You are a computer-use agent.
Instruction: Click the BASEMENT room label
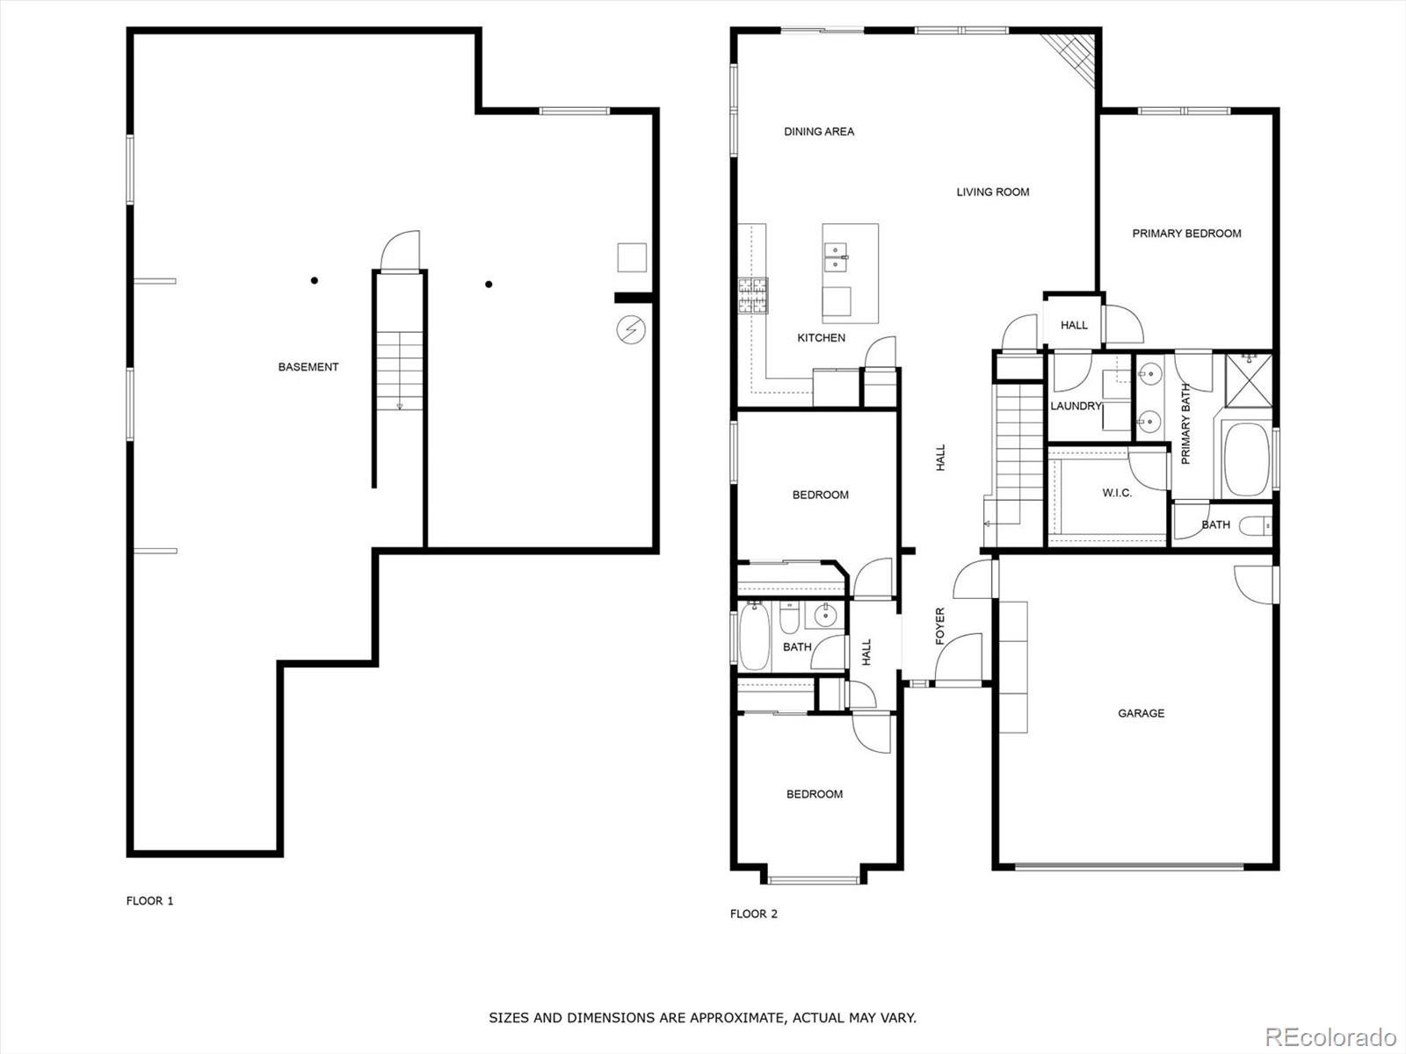308,367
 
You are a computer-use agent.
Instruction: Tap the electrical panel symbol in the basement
630,329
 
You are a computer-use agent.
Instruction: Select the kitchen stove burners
752,296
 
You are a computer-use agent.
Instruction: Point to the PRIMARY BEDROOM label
1186,234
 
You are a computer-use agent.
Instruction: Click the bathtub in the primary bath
1246,459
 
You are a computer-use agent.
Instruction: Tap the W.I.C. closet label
1117,493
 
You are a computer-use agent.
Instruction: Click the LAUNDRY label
1076,406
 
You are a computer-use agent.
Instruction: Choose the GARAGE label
1141,713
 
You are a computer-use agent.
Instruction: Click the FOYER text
939,626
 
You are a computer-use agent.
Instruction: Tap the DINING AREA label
819,132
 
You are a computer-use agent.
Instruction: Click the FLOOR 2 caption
753,913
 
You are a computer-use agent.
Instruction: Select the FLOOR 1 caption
149,900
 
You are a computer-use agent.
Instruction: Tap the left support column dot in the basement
314,281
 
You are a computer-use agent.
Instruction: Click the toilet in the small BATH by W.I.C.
1254,527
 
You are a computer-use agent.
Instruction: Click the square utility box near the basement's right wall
631,257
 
